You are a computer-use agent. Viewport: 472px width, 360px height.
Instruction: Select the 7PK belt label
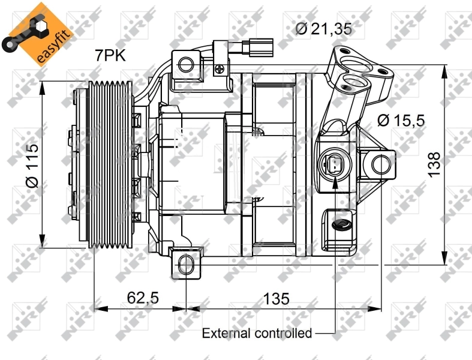(x=110, y=56)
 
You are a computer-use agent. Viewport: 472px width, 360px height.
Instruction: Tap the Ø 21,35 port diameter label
(x=323, y=28)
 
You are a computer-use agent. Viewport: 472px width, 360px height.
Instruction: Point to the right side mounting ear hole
(x=378, y=163)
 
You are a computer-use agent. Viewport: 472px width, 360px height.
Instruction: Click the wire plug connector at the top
(x=258, y=47)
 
